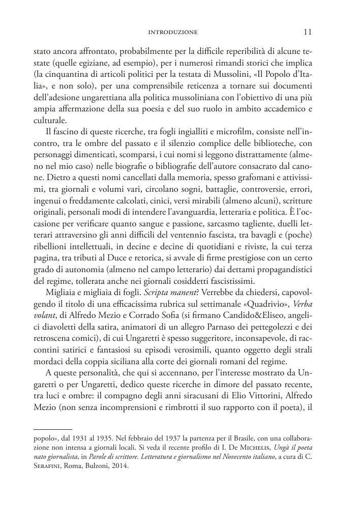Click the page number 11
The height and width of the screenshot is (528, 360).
click(x=308, y=32)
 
